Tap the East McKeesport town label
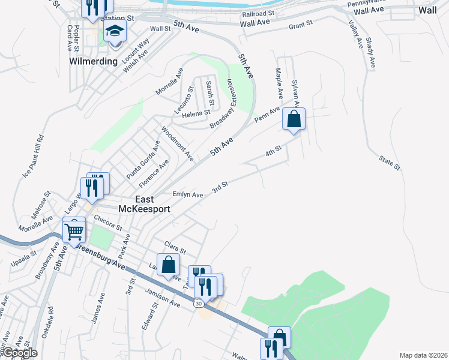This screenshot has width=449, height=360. point(145,204)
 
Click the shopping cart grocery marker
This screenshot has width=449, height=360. point(74,230)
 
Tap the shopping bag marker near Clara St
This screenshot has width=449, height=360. point(168,265)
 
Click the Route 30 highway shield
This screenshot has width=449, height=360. point(197,304)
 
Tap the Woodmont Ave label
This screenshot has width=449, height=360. point(177,143)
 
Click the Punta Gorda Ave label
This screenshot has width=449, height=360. point(143,159)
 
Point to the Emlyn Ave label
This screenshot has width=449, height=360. point(188,194)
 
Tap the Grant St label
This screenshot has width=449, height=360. point(301,25)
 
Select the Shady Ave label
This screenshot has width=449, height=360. point(370,52)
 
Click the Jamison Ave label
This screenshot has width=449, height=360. point(162,298)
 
